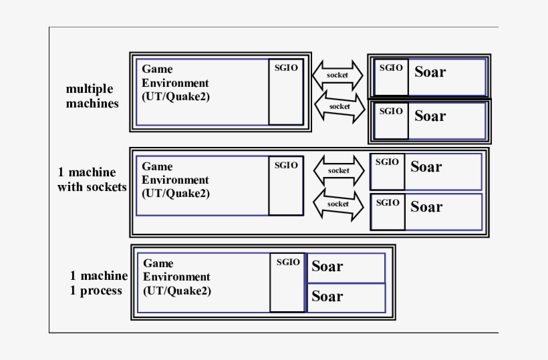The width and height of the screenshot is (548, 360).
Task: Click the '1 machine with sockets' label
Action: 92,180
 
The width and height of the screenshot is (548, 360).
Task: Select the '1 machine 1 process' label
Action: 98,283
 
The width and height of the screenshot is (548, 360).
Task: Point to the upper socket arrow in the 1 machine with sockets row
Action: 338,170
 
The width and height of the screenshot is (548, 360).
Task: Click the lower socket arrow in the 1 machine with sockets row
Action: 338,203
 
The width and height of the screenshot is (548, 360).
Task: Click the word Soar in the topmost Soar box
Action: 430,72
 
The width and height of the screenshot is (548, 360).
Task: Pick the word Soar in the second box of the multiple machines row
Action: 430,116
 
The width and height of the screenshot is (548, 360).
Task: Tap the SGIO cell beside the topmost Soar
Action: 391,77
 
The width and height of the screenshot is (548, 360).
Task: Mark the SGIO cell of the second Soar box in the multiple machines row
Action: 391,120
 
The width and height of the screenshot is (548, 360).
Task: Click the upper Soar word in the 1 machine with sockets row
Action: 426,167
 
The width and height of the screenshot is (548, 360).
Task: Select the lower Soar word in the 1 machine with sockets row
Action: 426,207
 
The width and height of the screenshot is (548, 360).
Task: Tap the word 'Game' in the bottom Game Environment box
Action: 158,263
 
